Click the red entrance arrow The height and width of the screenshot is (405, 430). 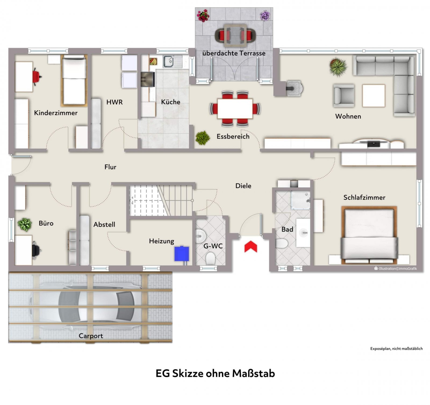pos(250,247)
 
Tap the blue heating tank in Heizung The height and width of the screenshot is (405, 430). pos(182,254)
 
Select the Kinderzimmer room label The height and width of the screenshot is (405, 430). pos(56,113)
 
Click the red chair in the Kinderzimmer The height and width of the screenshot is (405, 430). pos(37,77)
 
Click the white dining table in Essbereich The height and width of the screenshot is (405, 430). pos(235,109)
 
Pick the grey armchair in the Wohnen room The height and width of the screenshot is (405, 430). pos(344,95)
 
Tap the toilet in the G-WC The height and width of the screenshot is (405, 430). pos(210,258)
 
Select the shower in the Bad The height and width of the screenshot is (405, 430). pos(300,200)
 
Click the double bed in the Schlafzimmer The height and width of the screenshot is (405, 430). pos(369,235)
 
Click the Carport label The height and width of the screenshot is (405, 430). pos(91,336)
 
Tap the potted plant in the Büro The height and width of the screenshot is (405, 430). pos(25,225)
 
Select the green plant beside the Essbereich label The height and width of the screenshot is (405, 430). pos(203,138)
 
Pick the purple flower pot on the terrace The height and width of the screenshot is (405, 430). pos(265,15)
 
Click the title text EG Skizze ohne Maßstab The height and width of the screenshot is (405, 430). pos(215,374)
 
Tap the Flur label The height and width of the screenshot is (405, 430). pos(110,167)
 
